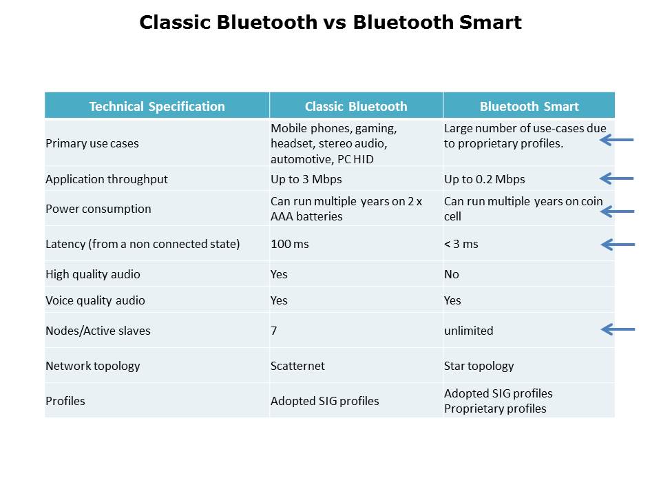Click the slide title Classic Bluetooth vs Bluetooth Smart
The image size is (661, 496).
pyautogui.click(x=330, y=22)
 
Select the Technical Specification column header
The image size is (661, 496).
pyautogui.click(x=157, y=106)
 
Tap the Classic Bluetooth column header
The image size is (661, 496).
pyautogui.click(x=356, y=106)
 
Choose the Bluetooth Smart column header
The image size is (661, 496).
pyautogui.click(x=529, y=106)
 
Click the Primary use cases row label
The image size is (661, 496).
pyautogui.click(x=92, y=143)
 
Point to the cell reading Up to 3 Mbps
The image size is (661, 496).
pyautogui.click(x=306, y=179)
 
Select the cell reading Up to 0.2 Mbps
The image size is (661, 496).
pyautogui.click(x=484, y=179)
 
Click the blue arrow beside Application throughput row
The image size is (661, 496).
pyautogui.click(x=617, y=178)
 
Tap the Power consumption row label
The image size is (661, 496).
pyautogui.click(x=98, y=209)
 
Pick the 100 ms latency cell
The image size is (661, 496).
pyautogui.click(x=290, y=244)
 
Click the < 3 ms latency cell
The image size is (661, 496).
pyautogui.click(x=461, y=244)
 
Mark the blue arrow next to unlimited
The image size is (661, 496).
pyautogui.click(x=618, y=329)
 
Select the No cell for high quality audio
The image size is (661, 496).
pyautogui.click(x=451, y=275)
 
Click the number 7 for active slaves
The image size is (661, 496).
pyautogui.click(x=273, y=331)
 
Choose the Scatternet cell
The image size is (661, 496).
pyautogui.click(x=297, y=366)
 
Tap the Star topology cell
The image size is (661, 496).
pyautogui.click(x=479, y=366)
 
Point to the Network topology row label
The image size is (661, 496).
pyautogui.click(x=93, y=366)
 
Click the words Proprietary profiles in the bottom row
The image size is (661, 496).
pyautogui.click(x=495, y=409)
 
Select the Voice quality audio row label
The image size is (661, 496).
pyautogui.click(x=95, y=301)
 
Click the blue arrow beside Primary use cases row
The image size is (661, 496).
pyautogui.click(x=617, y=140)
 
